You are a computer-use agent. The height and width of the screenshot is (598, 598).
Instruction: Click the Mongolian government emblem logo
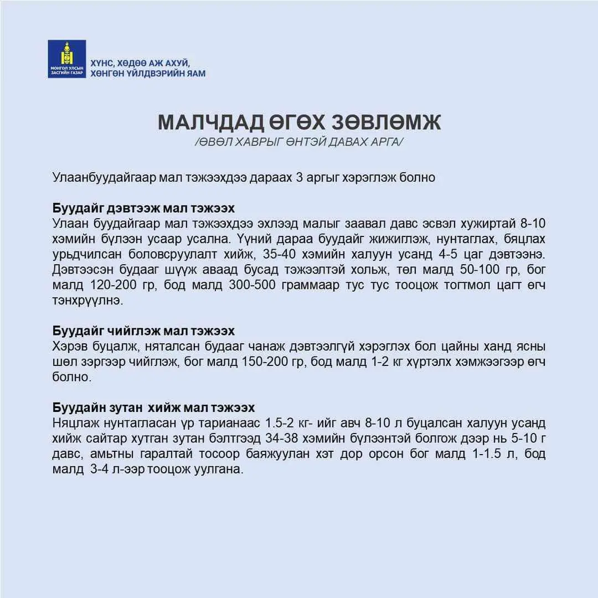[x=66, y=58]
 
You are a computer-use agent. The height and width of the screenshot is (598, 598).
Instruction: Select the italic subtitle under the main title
[x=299, y=142]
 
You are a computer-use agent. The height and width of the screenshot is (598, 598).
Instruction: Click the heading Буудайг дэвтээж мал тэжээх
[x=143, y=208]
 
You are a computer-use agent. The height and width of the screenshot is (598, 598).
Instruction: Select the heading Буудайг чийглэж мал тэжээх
[x=143, y=331]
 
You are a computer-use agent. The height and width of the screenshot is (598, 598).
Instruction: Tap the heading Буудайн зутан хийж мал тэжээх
[x=153, y=408]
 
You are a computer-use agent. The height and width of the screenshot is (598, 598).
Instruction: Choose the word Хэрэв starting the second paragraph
[x=68, y=347]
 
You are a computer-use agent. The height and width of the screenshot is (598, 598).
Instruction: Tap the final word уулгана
[x=220, y=470]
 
